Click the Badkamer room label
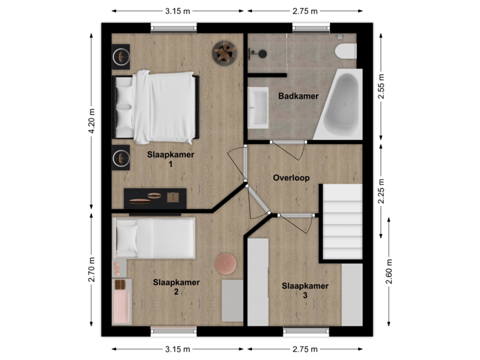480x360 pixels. click(x=298, y=96)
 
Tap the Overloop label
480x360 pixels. click(x=292, y=178)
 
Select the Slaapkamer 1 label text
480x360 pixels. click(x=171, y=159)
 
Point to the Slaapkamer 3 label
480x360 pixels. click(x=305, y=290)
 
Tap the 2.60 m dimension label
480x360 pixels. click(x=389, y=271)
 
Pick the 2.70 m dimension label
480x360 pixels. click(x=92, y=269)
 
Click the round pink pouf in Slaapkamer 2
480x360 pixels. click(x=226, y=263)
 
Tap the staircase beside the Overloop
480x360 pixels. click(x=342, y=223)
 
